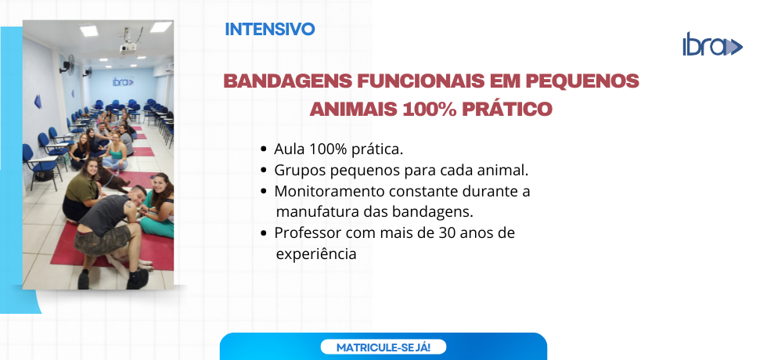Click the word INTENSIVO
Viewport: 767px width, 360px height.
[269, 30]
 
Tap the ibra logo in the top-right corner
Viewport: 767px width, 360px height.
[713, 44]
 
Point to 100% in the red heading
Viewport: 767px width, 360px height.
[430, 109]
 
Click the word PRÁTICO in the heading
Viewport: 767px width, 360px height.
[507, 109]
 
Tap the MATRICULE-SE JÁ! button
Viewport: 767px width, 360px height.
[383, 347]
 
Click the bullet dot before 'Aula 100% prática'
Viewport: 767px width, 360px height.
[265, 149]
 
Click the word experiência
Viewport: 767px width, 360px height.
[316, 255]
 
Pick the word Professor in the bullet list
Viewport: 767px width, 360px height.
[308, 233]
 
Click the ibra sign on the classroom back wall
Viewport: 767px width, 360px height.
[123, 81]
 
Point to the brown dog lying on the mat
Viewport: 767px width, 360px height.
[113, 178]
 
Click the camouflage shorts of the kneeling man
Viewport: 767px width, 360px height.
[102, 239]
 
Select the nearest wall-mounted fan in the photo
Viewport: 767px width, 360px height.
[67, 63]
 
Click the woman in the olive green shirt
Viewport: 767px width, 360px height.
[81, 191]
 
